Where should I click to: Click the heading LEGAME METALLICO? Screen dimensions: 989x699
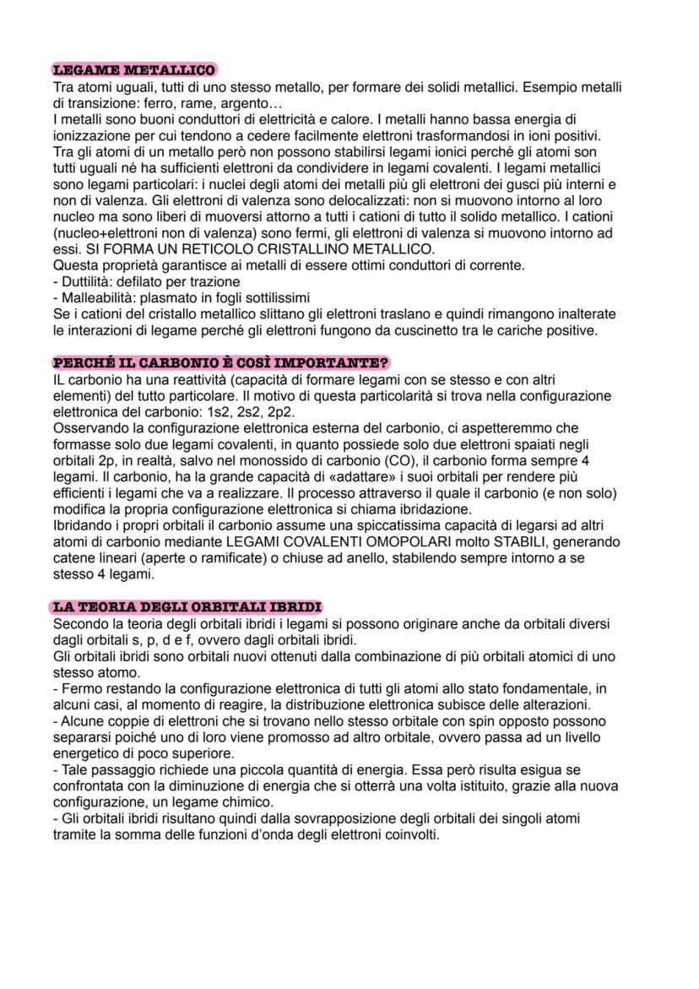133,70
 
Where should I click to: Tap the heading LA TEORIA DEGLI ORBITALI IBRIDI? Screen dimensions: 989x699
187,606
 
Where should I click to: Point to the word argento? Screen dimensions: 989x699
269,102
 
